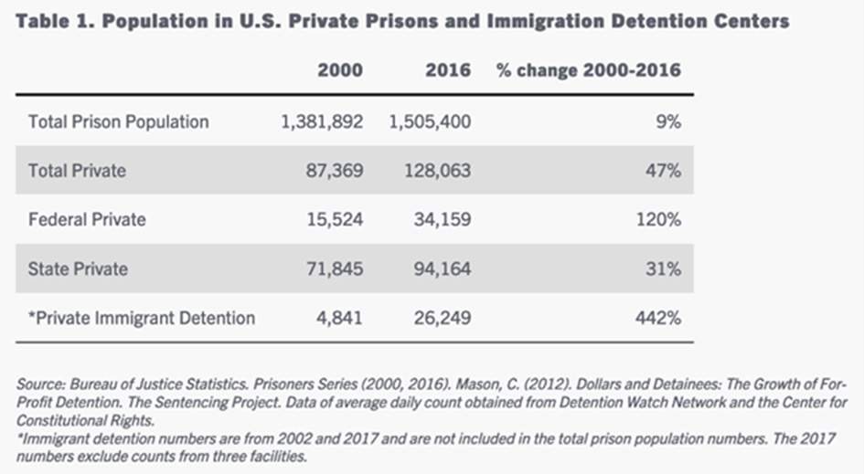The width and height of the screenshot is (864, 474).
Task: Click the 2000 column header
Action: point(339,70)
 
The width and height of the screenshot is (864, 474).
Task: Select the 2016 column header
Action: point(448,70)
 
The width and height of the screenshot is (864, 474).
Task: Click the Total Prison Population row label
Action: point(119,121)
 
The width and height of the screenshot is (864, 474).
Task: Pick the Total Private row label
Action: point(77,170)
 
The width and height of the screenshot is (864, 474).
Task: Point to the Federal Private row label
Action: point(87,219)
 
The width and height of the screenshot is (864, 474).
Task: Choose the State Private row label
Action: point(78,269)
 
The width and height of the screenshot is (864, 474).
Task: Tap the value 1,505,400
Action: point(431,121)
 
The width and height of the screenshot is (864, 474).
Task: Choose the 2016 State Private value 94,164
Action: point(442,269)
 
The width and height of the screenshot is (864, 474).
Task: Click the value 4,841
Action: point(339,318)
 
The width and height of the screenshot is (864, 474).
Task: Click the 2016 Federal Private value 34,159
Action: point(442,219)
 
